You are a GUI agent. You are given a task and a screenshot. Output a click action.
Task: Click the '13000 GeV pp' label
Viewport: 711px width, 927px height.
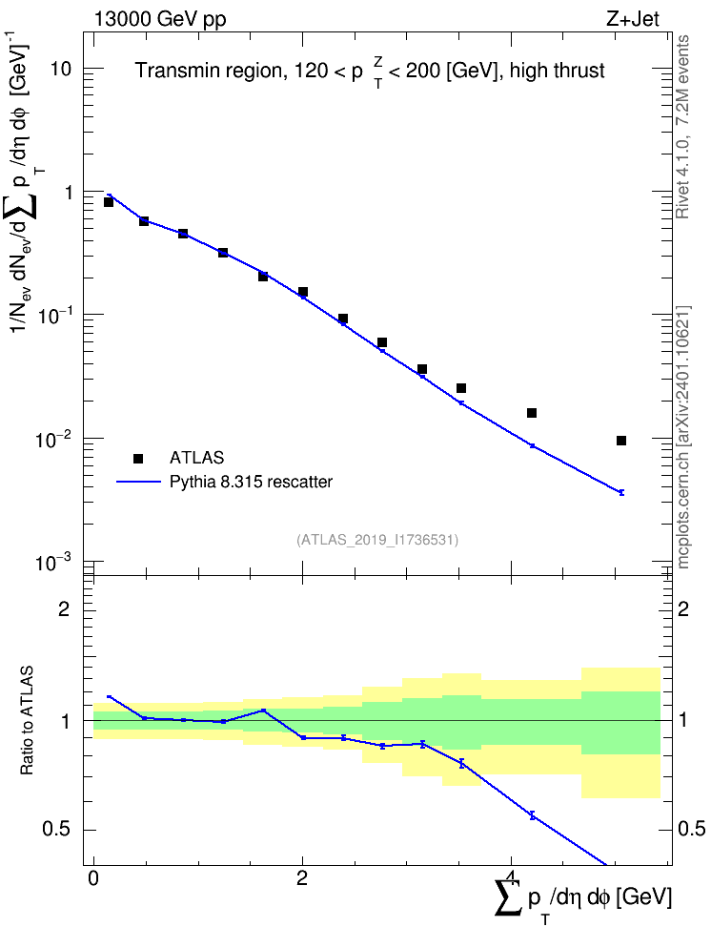point(159,19)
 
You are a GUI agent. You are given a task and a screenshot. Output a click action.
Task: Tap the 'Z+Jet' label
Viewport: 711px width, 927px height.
point(633,19)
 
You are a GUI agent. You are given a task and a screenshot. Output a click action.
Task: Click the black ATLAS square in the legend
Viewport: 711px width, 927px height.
point(138,458)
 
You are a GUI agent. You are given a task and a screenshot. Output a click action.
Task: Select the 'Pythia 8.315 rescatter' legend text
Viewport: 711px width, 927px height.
point(251,482)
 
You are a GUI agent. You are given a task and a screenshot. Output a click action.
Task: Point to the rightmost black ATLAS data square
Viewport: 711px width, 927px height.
point(621,441)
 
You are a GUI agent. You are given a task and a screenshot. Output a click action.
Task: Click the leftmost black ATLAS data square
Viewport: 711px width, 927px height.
point(108,202)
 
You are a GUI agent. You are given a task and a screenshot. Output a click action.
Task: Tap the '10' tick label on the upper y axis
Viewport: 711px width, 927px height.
point(61,70)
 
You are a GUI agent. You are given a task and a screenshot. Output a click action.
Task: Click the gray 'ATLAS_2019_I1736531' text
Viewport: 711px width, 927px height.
point(377,540)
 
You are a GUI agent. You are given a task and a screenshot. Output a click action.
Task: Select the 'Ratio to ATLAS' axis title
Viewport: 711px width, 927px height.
point(27,721)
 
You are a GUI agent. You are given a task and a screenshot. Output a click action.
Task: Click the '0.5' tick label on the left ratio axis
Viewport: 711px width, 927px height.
point(58,830)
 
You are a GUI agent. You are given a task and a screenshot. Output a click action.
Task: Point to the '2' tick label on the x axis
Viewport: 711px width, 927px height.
point(302,878)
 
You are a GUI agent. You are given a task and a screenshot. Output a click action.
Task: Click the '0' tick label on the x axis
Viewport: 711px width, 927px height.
point(93,878)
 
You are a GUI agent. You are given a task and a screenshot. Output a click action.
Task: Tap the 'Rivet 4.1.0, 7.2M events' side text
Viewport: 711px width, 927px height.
point(682,127)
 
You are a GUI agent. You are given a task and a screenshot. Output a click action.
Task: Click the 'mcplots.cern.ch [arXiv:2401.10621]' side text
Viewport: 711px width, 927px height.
point(682,437)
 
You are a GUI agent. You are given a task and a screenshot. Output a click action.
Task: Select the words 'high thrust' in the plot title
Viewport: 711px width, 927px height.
point(558,71)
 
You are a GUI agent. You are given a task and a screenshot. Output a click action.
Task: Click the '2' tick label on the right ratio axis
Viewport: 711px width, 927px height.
point(682,608)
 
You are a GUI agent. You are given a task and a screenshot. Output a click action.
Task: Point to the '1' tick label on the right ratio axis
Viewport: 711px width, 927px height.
point(682,721)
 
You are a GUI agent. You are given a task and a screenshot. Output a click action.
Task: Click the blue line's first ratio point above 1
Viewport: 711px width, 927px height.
point(109,696)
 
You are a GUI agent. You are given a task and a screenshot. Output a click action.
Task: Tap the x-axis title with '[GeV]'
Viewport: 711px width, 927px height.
point(582,897)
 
